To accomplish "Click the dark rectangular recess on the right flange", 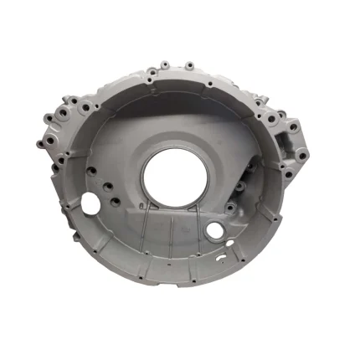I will coord(292,132).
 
